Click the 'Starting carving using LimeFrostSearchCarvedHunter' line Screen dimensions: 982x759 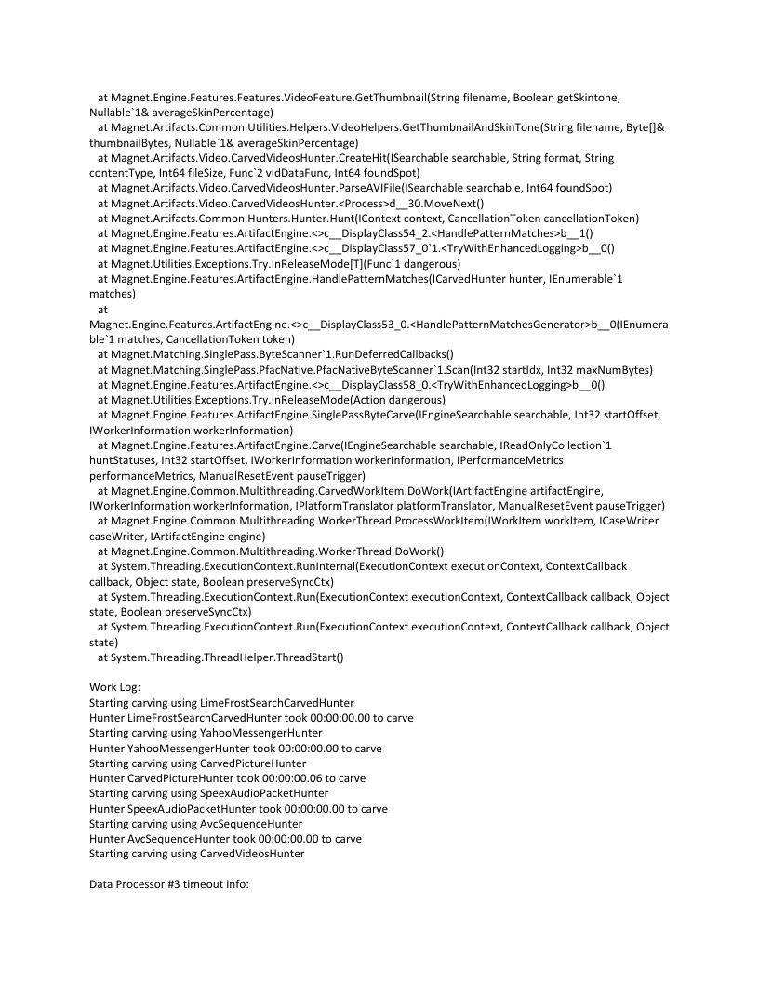click(x=221, y=702)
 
